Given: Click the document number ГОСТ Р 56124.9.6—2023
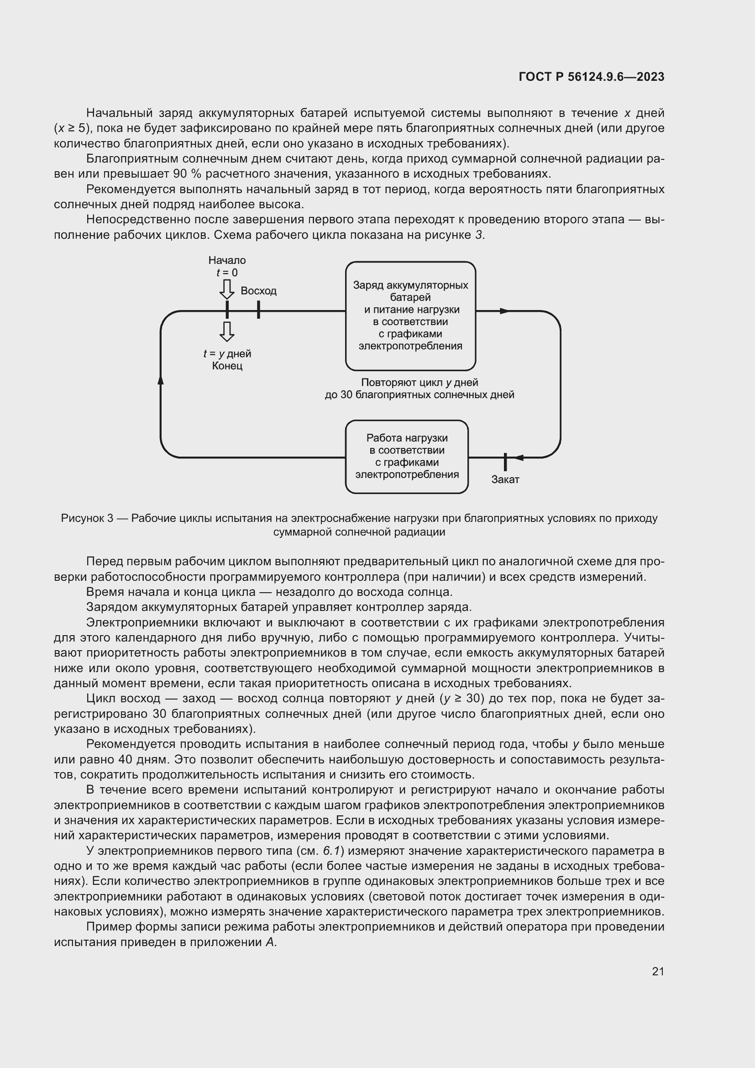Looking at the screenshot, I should click(591, 77).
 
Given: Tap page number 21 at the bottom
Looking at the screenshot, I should click(658, 971).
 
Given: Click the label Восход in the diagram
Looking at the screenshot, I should click(258, 291).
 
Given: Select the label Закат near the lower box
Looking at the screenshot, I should click(505, 479).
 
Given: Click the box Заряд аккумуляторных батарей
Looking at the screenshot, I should click(410, 316).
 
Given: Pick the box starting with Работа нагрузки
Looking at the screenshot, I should click(406, 456).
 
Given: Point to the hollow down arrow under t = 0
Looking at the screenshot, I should click(227, 289).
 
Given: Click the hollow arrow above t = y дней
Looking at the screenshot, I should click(227, 331).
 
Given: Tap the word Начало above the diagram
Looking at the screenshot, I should click(227, 260).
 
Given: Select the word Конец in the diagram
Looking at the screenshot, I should click(227, 366).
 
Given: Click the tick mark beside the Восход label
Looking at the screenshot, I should click(258, 309).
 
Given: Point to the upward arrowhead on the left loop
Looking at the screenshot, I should click(161, 380).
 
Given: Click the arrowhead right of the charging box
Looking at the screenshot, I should click(505, 311).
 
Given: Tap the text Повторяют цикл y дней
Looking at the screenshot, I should click(419, 382).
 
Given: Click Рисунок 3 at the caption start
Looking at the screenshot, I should click(87, 518).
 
